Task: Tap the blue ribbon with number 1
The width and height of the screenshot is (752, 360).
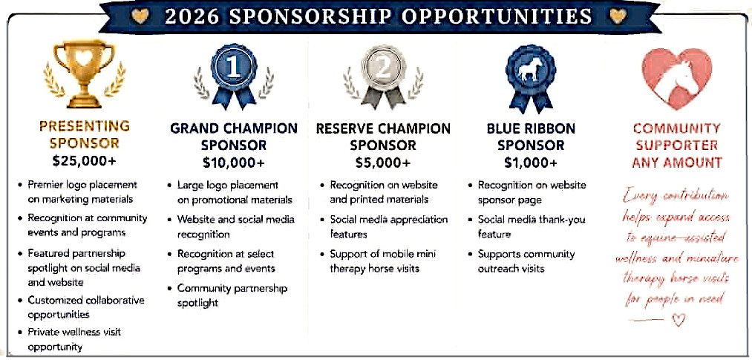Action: [234, 77]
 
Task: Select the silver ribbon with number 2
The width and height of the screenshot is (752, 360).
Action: [383, 77]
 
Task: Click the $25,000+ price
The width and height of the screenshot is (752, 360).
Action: [85, 161]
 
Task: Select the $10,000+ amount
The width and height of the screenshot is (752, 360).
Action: [234, 163]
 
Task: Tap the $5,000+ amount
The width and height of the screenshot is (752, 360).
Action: [383, 163]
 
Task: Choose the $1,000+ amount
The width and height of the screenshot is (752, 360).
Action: [531, 163]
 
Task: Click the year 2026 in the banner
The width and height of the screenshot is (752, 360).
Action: [192, 17]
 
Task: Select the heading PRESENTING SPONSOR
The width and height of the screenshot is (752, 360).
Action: [85, 134]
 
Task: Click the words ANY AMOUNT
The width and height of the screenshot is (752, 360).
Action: [677, 163]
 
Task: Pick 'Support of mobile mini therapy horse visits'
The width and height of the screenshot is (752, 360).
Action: [378, 261]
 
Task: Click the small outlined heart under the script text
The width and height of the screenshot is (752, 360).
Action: [679, 320]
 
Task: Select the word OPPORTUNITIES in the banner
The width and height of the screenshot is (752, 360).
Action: [497, 17]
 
